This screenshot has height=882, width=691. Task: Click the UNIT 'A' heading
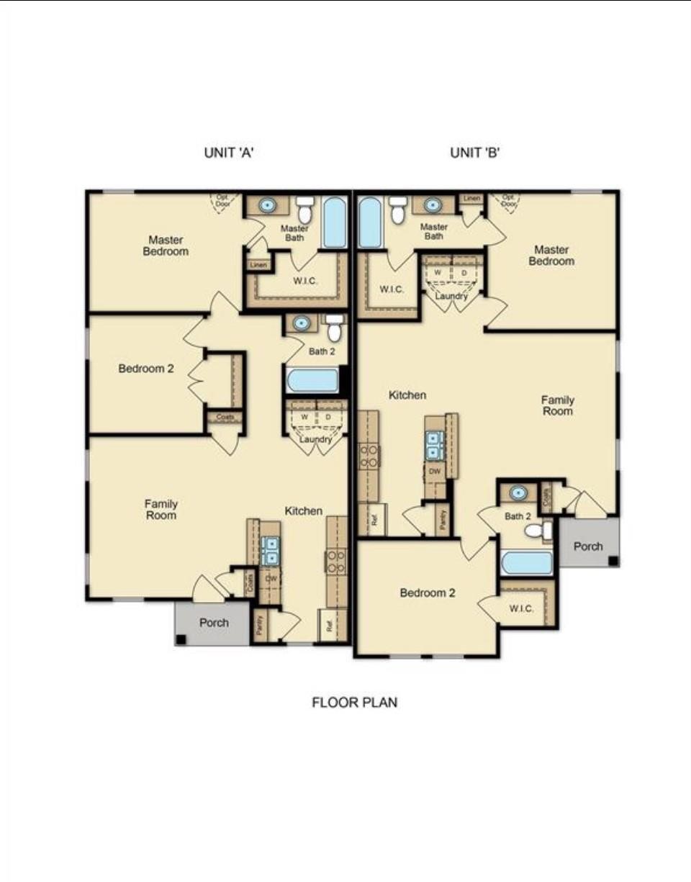tap(228, 153)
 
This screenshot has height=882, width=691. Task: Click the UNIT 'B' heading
tap(474, 153)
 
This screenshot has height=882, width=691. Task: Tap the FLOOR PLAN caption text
tap(354, 702)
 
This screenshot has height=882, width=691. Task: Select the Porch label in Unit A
tap(214, 623)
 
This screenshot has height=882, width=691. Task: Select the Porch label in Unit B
tap(588, 546)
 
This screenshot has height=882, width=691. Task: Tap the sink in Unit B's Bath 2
tap(518, 493)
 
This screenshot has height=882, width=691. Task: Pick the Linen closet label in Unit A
tap(258, 265)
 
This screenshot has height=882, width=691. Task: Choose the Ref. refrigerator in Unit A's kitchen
tap(330, 626)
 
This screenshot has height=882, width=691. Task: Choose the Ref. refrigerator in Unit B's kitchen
tap(373, 519)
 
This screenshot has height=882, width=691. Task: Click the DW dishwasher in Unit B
tap(434, 470)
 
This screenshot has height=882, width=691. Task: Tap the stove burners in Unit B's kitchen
tap(369, 456)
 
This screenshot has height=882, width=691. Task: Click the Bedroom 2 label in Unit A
tap(146, 369)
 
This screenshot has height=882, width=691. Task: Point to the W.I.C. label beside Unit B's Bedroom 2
tap(521, 609)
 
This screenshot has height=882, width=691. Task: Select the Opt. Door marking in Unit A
tap(224, 200)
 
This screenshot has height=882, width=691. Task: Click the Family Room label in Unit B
tap(558, 405)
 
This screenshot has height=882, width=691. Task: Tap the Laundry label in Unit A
tap(315, 439)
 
